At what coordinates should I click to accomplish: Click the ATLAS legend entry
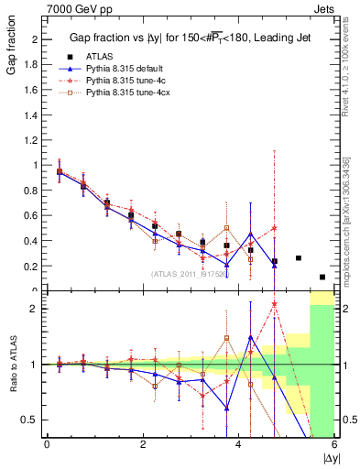coord(98,57)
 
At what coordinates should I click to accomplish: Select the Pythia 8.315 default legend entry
coord(126,69)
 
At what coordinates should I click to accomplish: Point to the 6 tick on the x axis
coord(334,444)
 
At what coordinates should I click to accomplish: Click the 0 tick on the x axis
coord(47,444)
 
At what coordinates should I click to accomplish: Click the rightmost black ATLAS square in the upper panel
coord(322,277)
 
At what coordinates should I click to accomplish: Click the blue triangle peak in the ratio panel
coord(251,337)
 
